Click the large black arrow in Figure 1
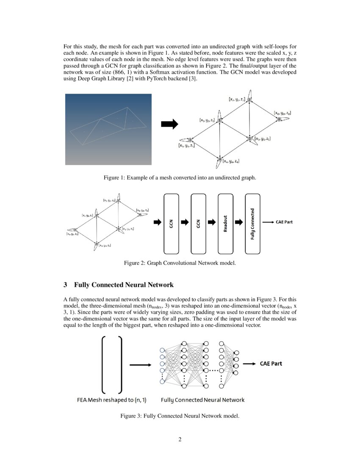(169, 124)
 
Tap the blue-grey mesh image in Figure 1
(108, 129)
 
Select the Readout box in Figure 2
(225, 223)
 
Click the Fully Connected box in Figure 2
(252, 223)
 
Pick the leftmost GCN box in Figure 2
(171, 223)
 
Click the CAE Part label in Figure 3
(271, 363)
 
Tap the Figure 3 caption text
(180, 416)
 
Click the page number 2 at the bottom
(180, 439)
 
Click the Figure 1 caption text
(180, 178)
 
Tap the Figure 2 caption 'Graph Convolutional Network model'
(180, 263)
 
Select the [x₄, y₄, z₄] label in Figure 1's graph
(231, 161)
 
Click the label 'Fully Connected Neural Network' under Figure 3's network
(202, 399)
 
